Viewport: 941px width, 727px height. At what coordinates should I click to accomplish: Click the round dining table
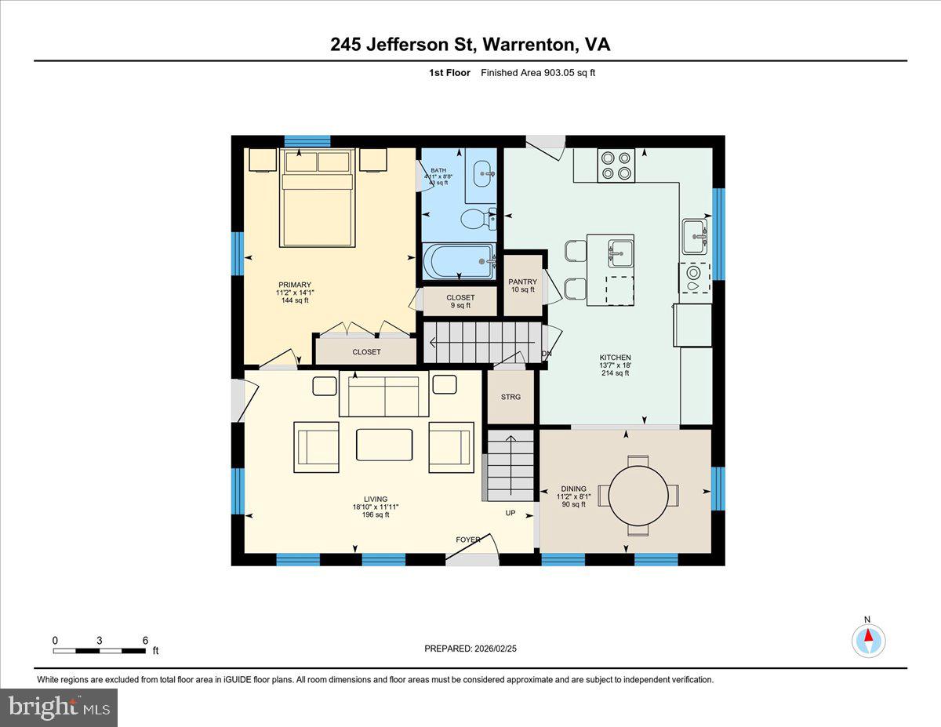tap(639, 496)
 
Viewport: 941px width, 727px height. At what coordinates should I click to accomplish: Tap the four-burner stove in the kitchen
tap(616, 165)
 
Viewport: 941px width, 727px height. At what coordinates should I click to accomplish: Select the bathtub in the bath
tap(459, 260)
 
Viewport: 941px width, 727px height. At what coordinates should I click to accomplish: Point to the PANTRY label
tap(522, 282)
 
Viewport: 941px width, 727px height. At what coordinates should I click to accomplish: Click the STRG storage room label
tap(510, 397)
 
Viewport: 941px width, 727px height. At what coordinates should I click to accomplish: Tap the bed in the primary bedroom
tap(318, 200)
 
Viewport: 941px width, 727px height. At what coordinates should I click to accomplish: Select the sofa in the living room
tap(383, 396)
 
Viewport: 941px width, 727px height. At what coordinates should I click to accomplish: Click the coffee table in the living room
tap(383, 445)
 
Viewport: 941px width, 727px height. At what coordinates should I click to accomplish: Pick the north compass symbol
tap(868, 640)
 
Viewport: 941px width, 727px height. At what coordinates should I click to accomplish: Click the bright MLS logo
tap(59, 707)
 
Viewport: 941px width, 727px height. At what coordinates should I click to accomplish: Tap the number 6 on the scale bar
tap(145, 640)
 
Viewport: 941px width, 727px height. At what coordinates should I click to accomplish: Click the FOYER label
tap(468, 540)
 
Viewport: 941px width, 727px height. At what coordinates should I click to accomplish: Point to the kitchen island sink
tap(620, 252)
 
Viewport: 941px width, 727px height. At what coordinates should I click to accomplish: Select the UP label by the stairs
tap(510, 513)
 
